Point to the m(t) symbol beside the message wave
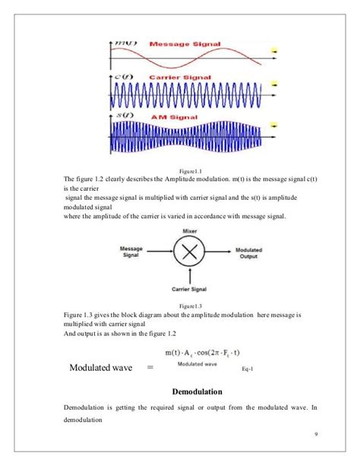[x=124, y=44]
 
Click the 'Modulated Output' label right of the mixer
[x=250, y=252]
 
